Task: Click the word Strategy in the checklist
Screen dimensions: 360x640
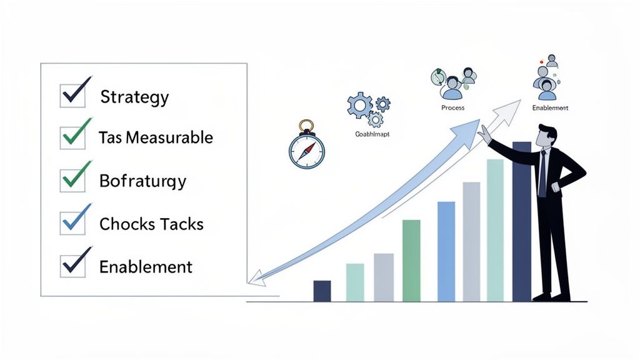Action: point(134,97)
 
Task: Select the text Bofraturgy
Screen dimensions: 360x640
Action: point(142,181)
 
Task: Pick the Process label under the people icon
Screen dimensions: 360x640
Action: point(452,108)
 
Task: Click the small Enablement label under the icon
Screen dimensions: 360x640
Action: point(550,108)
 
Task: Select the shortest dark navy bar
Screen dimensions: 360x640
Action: point(322,291)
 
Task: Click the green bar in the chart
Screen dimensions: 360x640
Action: point(411,261)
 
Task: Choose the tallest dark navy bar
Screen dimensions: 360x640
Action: point(521,222)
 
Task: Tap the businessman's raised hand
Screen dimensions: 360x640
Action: point(484,132)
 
